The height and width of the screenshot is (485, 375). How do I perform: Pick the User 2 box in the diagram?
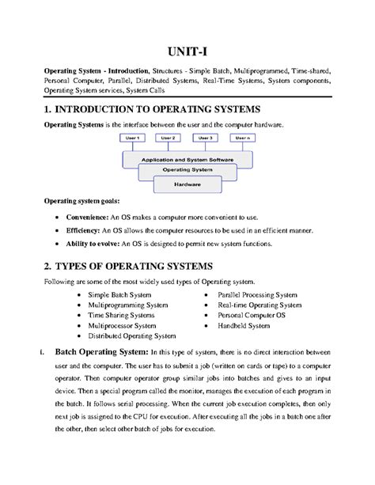click(x=168, y=138)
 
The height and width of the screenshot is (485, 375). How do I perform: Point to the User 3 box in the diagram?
click(x=205, y=138)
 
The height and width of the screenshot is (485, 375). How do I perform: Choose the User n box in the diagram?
click(x=241, y=138)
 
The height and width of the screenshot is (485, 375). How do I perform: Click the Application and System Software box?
click(x=187, y=159)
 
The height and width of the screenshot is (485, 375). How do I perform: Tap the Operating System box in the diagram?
click(x=187, y=170)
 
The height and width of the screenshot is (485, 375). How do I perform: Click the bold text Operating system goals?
click(x=79, y=202)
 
